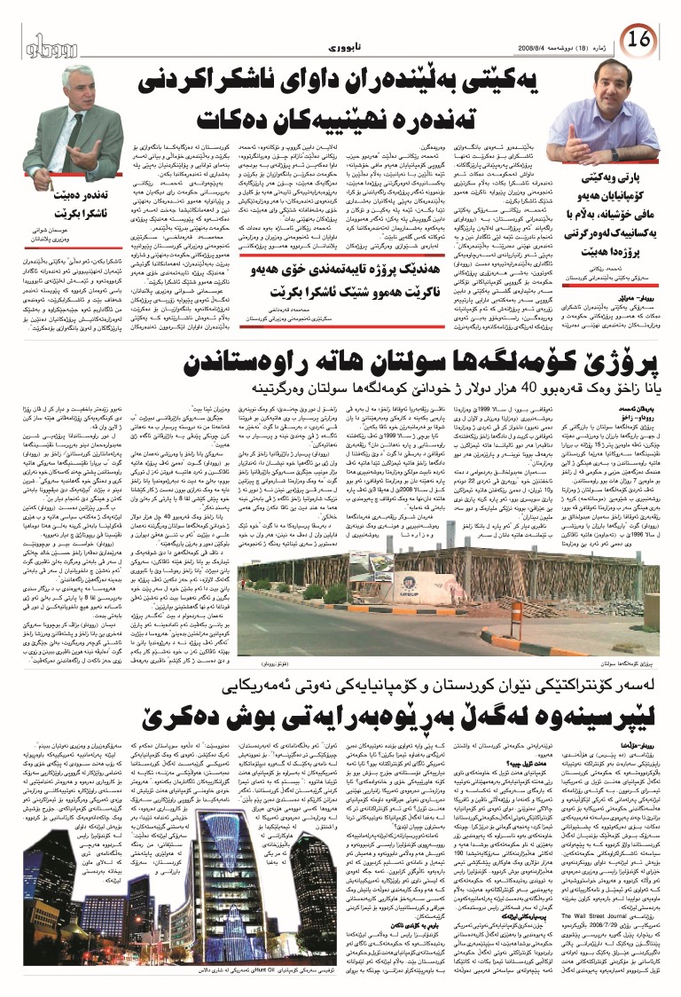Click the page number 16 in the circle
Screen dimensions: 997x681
click(641, 40)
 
